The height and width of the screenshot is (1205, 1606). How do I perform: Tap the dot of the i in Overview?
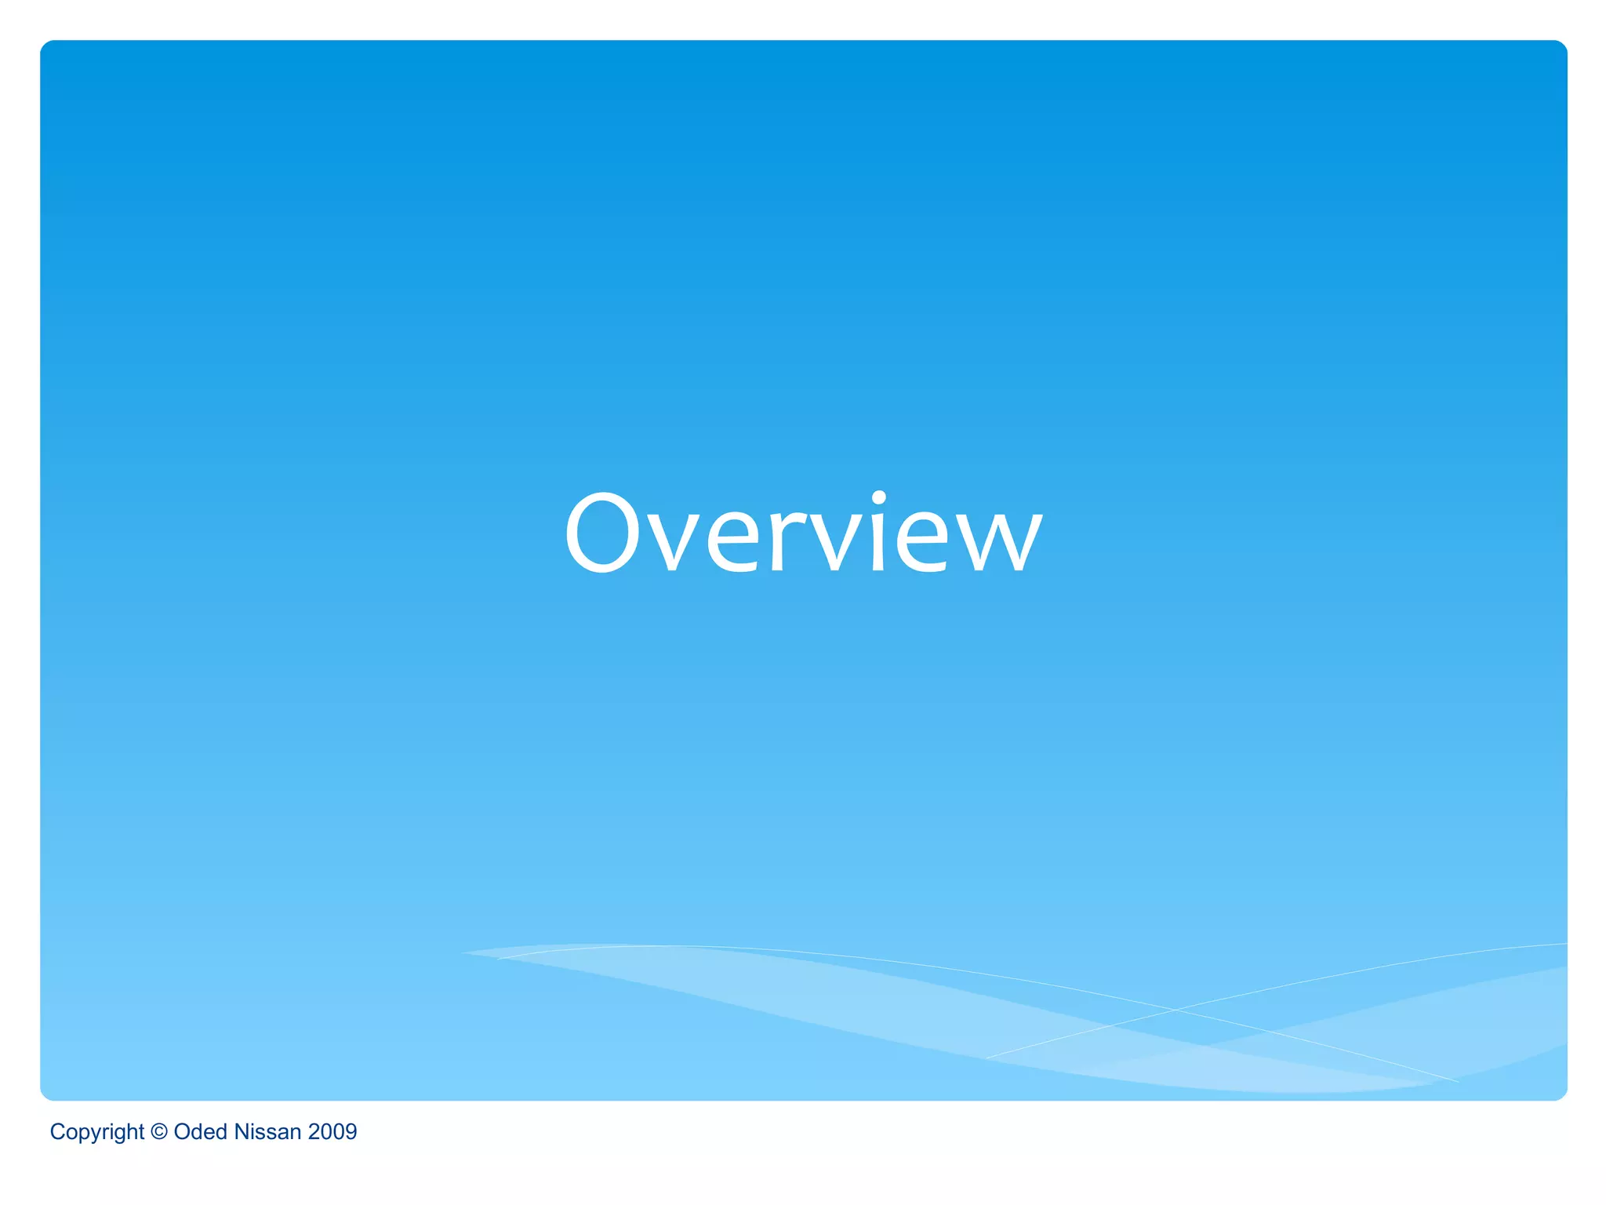pos(879,498)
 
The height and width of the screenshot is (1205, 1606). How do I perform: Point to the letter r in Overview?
pos(788,541)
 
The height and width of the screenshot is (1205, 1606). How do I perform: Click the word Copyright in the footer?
pos(96,1132)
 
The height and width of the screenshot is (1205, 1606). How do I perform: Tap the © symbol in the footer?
pos(159,1131)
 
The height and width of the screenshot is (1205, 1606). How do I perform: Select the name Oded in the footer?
pos(200,1131)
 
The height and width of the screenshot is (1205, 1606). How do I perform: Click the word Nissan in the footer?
pos(267,1131)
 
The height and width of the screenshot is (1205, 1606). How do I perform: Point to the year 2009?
pos(332,1131)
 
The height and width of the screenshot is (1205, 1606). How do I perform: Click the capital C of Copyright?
pos(56,1131)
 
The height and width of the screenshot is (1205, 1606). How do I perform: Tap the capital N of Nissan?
pos(242,1131)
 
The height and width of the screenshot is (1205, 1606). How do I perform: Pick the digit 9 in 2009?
pos(351,1131)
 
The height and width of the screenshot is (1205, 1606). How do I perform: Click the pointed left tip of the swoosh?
pos(463,953)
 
